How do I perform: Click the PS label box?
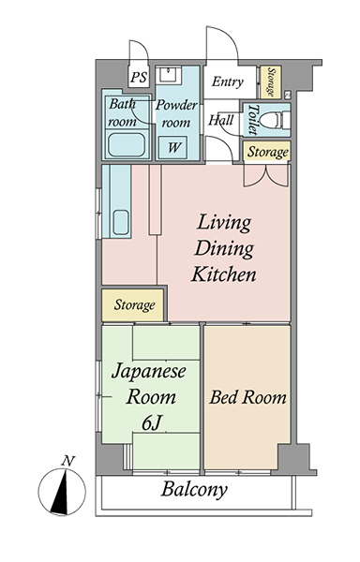pyautogui.click(x=139, y=77)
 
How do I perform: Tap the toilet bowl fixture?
pyautogui.click(x=274, y=120)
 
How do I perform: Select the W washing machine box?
pyautogui.click(x=172, y=147)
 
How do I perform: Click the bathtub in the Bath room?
pyautogui.click(x=127, y=145)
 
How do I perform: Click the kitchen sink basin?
pyautogui.click(x=121, y=223)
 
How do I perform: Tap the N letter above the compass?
pyautogui.click(x=67, y=461)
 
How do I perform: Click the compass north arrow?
pyautogui.click(x=61, y=492)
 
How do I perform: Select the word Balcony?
pyautogui.click(x=194, y=490)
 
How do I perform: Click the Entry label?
pyautogui.click(x=227, y=81)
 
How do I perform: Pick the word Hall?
pyautogui.click(x=221, y=120)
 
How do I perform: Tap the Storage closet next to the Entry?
pyautogui.click(x=270, y=82)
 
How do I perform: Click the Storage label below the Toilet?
pyautogui.click(x=267, y=152)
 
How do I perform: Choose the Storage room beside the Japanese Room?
pyautogui.click(x=133, y=305)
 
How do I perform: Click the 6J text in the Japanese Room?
pyautogui.click(x=151, y=424)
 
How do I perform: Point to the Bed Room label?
pyautogui.click(x=247, y=397)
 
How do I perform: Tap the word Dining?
pyautogui.click(x=224, y=249)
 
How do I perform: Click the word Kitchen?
pyautogui.click(x=223, y=274)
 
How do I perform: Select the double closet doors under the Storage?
pyautogui.click(x=265, y=175)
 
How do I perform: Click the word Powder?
pyautogui.click(x=176, y=105)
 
